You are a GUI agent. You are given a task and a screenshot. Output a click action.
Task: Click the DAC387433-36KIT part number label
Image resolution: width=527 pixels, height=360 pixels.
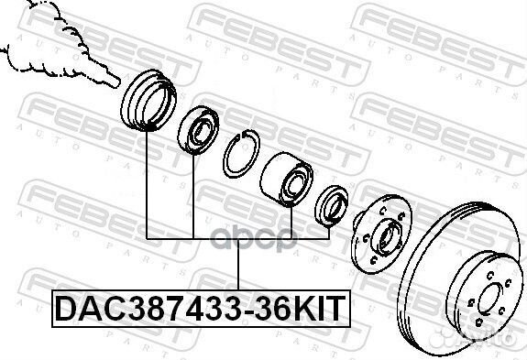201,309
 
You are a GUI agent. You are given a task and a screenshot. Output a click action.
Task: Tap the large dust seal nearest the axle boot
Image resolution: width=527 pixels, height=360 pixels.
148,100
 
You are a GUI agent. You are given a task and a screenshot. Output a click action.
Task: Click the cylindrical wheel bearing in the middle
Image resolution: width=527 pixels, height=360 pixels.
286,180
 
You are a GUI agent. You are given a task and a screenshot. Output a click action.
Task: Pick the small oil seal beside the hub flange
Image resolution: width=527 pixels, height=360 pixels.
332,206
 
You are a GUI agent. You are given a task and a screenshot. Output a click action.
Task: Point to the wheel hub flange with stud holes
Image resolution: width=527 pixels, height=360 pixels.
382,234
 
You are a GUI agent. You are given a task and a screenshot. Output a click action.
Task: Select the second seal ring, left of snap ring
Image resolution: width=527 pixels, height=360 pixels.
198,130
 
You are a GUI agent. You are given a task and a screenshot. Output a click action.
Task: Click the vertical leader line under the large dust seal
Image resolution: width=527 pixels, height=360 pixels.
147,185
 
